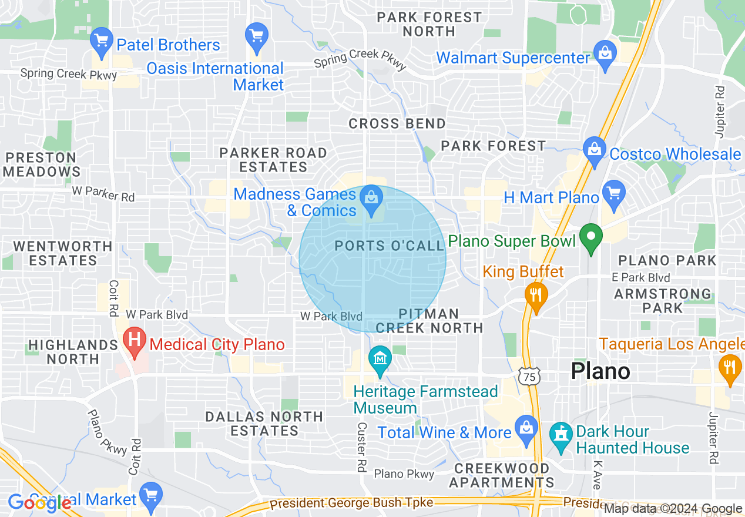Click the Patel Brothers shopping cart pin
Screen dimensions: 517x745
tap(102, 42)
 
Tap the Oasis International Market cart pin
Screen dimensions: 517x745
tap(257, 37)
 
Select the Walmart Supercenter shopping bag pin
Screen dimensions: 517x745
tap(605, 55)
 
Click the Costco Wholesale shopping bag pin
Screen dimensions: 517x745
tap(595, 150)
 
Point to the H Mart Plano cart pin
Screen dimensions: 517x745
tap(614, 194)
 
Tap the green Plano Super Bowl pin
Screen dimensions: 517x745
tap(591, 239)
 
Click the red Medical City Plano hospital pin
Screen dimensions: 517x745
tap(135, 341)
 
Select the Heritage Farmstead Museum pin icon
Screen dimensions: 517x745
tap(380, 359)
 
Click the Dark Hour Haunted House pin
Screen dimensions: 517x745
tap(561, 437)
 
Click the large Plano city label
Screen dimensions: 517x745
tap(600, 371)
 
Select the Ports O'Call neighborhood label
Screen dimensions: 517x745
tap(390, 246)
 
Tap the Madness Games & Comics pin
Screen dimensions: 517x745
tap(371, 199)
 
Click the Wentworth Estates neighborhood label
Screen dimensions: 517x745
tap(62, 253)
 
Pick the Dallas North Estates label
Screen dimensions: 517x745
tap(264, 424)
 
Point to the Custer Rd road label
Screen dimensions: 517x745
tap(361, 447)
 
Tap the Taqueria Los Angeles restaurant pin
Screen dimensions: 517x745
tap(730, 368)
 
